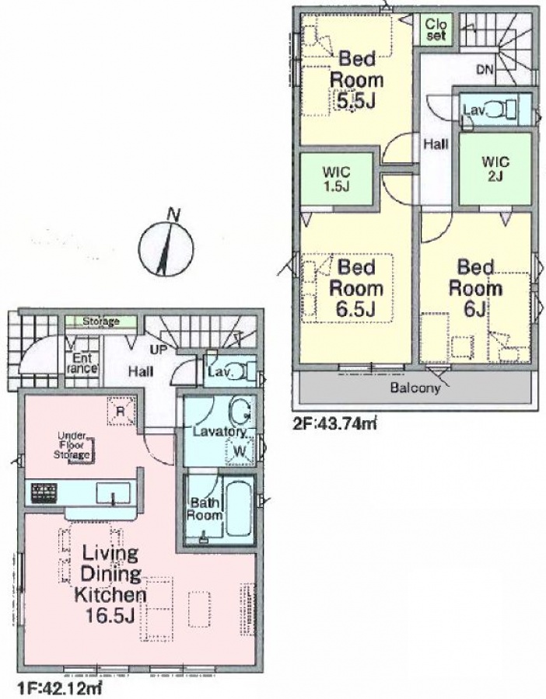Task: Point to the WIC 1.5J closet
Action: pos(337,179)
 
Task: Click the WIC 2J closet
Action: pos(495,169)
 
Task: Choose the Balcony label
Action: pos(415,388)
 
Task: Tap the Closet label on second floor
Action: pos(436,29)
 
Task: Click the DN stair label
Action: pos(485,70)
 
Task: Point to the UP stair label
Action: pos(158,350)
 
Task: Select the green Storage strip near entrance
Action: pos(101,321)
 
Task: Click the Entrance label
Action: pos(82,363)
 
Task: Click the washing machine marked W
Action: pos(240,451)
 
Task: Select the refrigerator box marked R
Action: pos(120,411)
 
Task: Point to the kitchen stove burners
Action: pos(44,493)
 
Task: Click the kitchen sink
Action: pos(114,493)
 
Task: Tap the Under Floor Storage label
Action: pos(72,445)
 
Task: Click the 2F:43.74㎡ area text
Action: pos(334,422)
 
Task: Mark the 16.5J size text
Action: pos(110,616)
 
